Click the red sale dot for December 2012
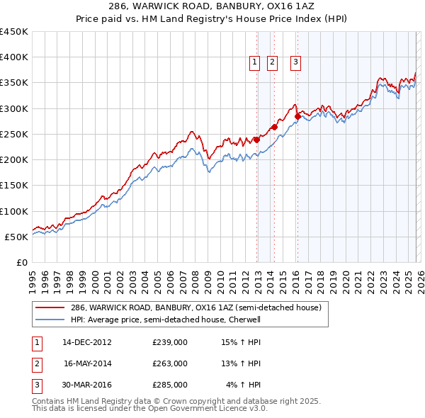[257, 140]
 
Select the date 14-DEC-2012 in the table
[87, 342]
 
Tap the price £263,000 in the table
[170, 363]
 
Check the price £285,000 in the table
[170, 385]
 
